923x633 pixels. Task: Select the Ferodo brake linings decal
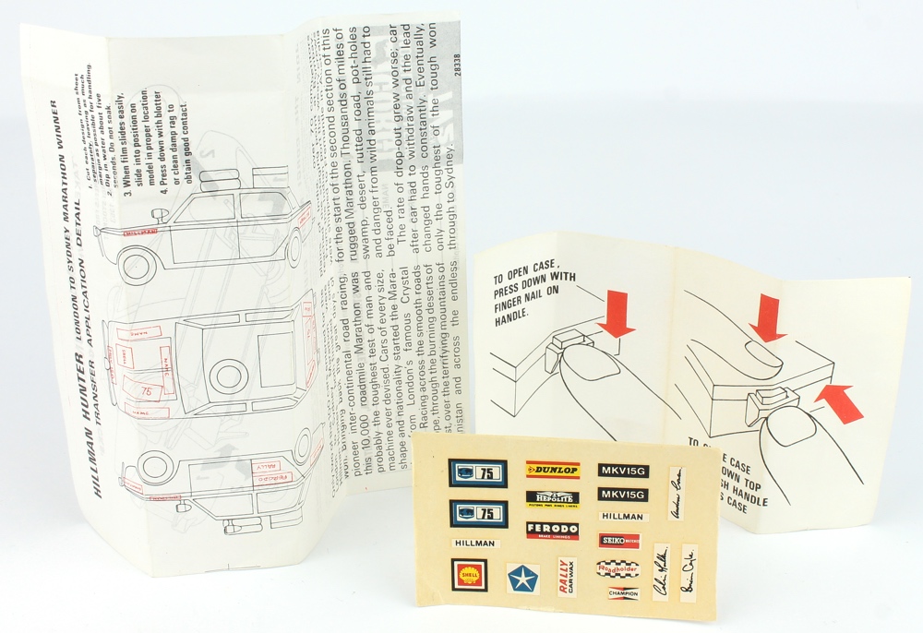point(552,531)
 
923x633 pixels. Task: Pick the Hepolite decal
point(552,498)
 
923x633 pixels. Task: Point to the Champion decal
point(623,594)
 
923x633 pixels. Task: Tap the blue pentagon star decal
point(522,579)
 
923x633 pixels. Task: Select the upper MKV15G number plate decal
point(622,471)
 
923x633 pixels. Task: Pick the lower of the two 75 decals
point(478,513)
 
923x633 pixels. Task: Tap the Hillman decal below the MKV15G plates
point(622,518)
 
